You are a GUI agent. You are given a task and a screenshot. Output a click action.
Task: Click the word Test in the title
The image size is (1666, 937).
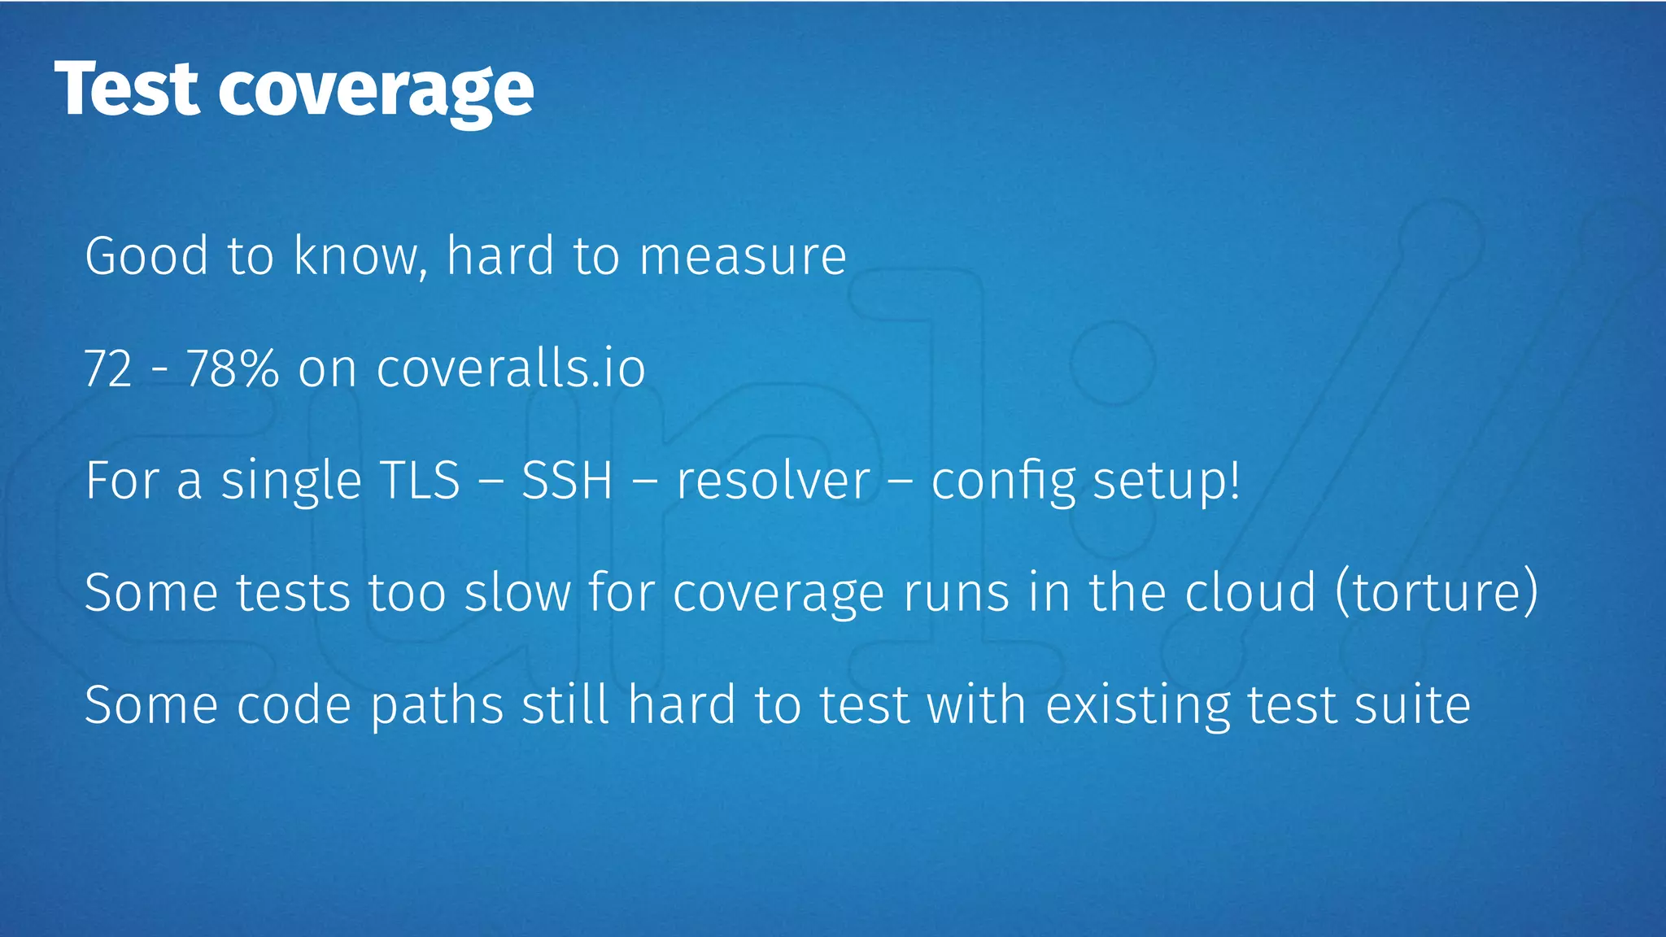[127, 89]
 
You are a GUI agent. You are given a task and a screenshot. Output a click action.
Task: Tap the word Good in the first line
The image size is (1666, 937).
[147, 256]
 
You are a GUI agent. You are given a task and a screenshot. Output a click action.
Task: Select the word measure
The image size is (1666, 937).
[743, 256]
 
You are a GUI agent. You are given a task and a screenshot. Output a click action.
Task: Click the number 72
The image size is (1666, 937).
[108, 368]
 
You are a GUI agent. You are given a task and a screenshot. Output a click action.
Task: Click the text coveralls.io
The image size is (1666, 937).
[511, 368]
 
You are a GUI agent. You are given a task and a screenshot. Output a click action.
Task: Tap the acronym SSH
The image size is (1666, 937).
[567, 480]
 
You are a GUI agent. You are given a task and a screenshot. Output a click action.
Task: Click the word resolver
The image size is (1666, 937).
[774, 480]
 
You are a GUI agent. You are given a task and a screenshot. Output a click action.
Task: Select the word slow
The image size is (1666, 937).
[517, 592]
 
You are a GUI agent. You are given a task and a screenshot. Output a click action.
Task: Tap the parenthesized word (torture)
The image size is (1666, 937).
[1437, 592]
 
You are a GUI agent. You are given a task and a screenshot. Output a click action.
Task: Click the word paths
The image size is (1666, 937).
[437, 704]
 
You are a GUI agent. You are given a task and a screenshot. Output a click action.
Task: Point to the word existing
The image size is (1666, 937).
[1137, 704]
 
